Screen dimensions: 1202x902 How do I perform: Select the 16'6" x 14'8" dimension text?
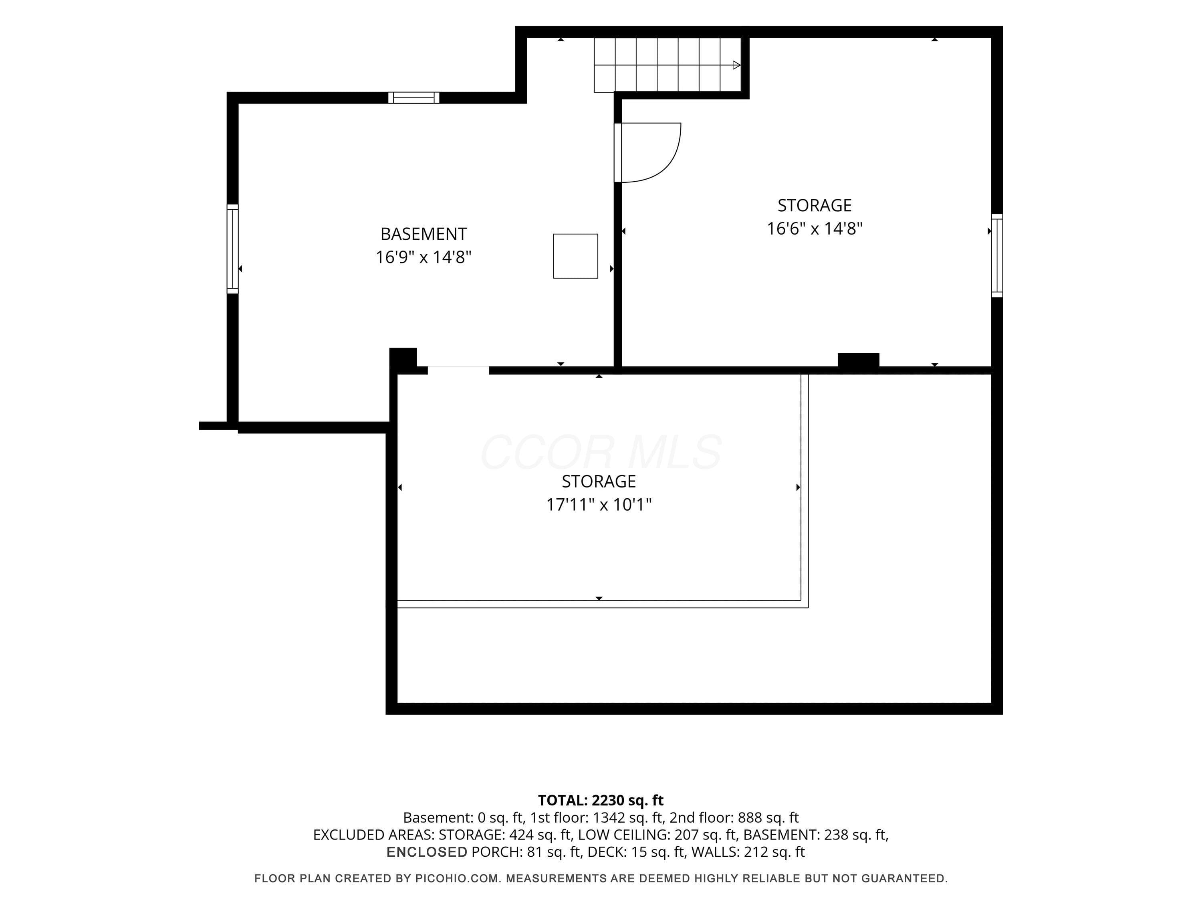pos(815,229)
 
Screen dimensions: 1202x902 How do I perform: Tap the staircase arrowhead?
pos(736,65)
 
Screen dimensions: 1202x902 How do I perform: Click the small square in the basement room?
pos(575,256)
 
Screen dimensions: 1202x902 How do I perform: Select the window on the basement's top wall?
pos(413,98)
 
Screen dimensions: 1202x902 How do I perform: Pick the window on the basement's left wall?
pos(232,249)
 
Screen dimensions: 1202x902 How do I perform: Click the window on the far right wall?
pos(997,255)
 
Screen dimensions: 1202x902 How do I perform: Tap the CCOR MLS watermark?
pos(601,452)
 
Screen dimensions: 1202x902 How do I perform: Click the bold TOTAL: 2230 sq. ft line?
pos(601,800)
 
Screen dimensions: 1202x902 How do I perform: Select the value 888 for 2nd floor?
pos(750,818)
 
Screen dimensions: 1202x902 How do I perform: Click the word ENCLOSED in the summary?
pos(427,852)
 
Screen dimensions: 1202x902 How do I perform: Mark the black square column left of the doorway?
pos(403,359)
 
